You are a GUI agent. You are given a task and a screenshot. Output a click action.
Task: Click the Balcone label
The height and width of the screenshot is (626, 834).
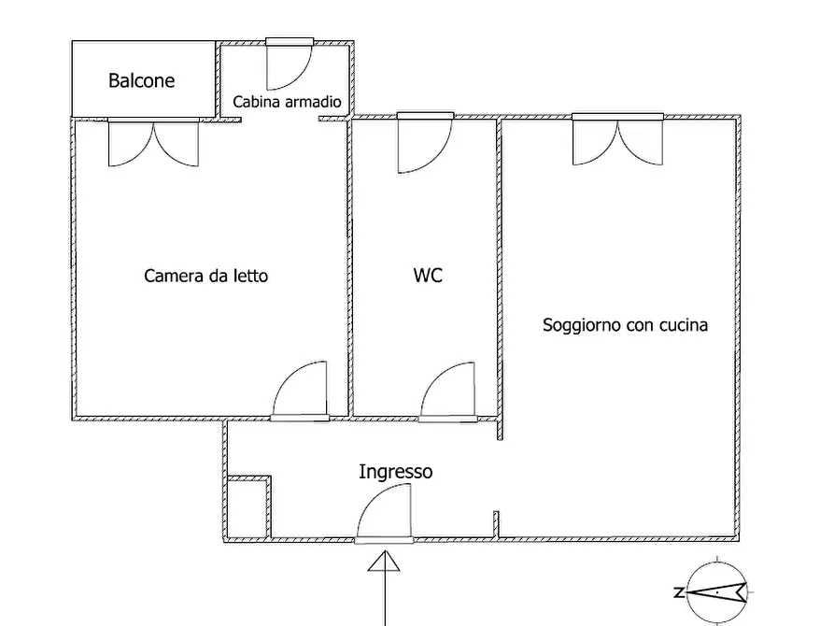click(x=141, y=80)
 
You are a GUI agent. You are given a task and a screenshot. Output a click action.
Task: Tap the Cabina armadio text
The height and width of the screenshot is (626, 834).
click(x=288, y=101)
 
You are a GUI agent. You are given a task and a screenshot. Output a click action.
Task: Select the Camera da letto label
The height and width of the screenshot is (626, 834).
click(x=205, y=276)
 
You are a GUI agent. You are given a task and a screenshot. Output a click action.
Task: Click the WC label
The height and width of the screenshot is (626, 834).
click(x=428, y=275)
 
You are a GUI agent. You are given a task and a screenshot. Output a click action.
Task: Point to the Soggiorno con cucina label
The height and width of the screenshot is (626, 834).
click(x=625, y=325)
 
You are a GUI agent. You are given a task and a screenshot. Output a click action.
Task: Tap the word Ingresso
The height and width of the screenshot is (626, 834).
click(x=396, y=472)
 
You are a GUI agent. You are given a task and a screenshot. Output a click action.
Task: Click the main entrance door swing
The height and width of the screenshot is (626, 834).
click(x=384, y=513)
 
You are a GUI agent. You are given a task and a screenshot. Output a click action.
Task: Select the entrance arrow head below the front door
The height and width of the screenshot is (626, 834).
click(x=384, y=561)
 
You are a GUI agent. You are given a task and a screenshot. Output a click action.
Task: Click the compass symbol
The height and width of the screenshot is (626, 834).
click(x=717, y=591)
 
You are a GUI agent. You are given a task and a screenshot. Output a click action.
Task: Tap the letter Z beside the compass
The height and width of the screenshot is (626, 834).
click(x=679, y=592)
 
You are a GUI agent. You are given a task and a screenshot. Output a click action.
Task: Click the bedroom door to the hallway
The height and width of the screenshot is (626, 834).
click(x=301, y=391)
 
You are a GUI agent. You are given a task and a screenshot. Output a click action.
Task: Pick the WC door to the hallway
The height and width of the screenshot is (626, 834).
click(x=448, y=391)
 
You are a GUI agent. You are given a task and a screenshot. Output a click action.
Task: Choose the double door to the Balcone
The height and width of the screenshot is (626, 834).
click(x=154, y=142)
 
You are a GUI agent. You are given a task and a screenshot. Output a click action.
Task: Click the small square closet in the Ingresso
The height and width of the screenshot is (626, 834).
click(x=247, y=507)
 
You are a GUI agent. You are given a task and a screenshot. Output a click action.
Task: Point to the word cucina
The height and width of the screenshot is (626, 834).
click(x=684, y=325)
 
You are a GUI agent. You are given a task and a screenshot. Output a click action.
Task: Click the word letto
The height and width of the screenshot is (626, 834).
click(x=250, y=276)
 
